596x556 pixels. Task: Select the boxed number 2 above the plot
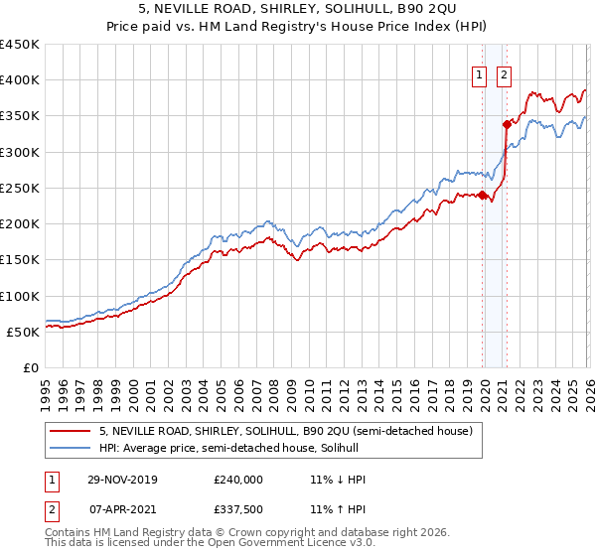click(x=504, y=72)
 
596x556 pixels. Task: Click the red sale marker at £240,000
click(x=483, y=196)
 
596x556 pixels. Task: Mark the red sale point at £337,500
click(x=507, y=125)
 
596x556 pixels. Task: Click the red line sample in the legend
click(x=71, y=430)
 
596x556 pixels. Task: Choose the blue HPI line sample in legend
click(x=71, y=448)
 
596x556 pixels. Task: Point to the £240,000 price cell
click(x=237, y=480)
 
